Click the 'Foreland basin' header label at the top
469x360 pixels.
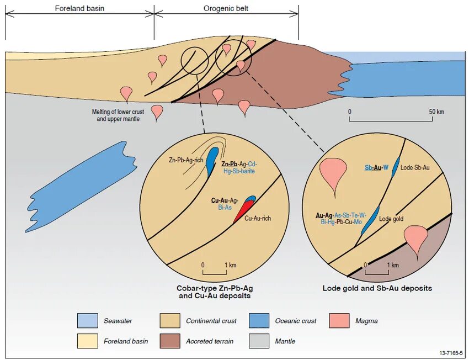point(79,9)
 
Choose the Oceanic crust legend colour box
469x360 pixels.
point(259,320)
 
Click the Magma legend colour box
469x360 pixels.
point(339,320)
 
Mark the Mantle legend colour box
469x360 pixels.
point(259,341)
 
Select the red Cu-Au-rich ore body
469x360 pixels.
point(241,212)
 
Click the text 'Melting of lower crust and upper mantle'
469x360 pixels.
point(118,115)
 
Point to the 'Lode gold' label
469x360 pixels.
point(391,219)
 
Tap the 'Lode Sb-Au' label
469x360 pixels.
point(415,167)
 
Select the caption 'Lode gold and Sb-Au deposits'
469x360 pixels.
point(377,288)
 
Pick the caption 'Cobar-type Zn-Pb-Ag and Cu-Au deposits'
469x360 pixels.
point(215,292)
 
